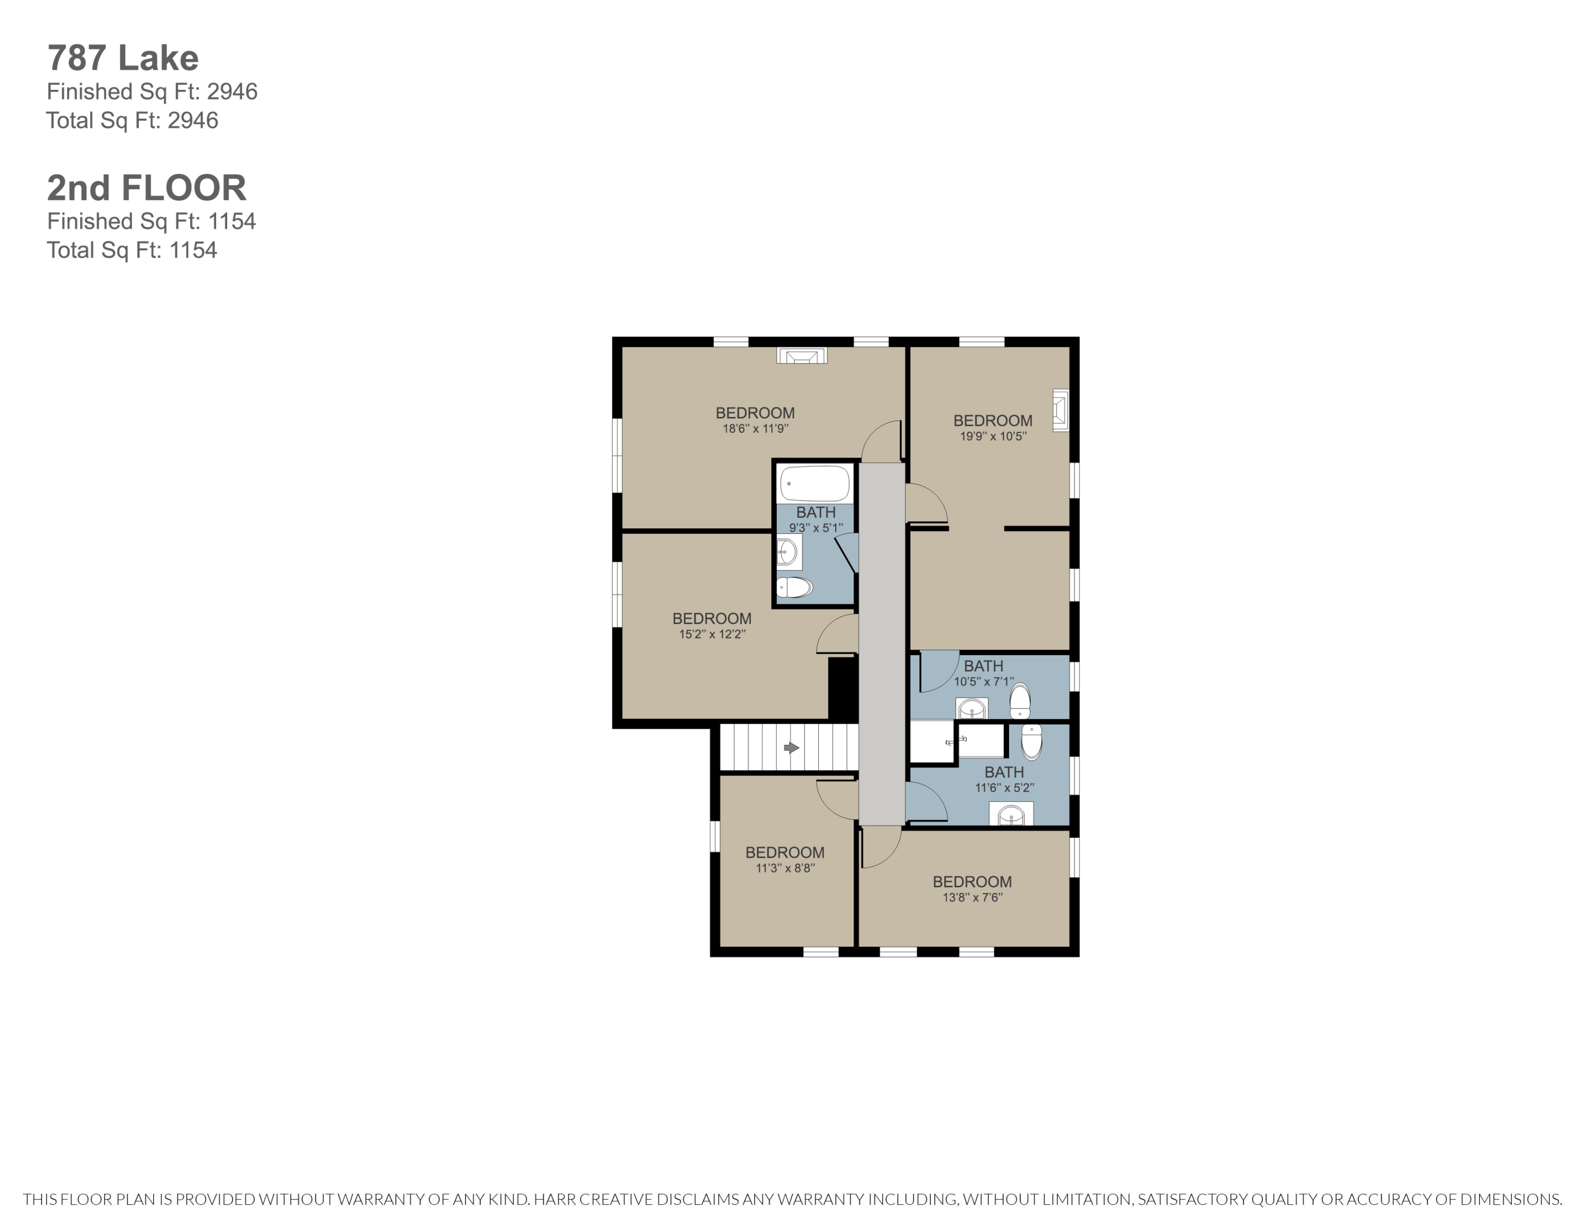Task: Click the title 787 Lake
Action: coord(123,58)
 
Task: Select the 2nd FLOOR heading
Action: coord(146,188)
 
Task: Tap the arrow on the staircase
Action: coord(791,747)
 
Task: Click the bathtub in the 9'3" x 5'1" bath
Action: coord(814,484)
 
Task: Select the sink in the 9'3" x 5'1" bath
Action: coord(787,552)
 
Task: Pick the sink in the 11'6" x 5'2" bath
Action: coord(1011,815)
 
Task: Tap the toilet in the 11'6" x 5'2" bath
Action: coord(1031,741)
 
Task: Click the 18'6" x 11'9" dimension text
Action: coord(755,429)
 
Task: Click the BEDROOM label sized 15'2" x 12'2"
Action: coord(711,618)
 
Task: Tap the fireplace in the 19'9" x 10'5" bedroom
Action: coord(1061,411)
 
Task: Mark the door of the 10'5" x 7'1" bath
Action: coord(938,671)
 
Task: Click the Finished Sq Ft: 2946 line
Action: coord(152,91)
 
